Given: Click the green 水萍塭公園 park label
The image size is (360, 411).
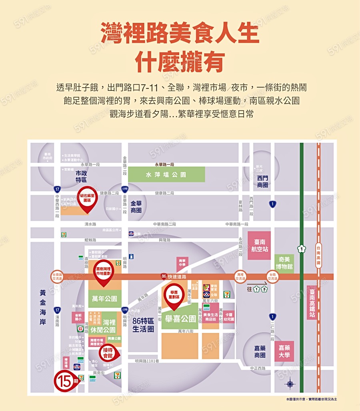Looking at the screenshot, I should coord(166,175).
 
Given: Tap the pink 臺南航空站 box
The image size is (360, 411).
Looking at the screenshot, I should coord(259,245).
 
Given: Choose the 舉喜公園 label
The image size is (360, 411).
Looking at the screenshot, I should coord(181,319).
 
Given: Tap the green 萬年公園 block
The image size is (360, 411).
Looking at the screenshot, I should coord(104,299).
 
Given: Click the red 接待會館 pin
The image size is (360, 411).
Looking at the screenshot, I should coord(107,353).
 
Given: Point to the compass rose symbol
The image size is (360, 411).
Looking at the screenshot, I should coord(290,384).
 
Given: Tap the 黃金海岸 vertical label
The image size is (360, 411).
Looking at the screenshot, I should coord(42,307).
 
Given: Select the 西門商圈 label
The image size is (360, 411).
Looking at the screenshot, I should coord(263,181).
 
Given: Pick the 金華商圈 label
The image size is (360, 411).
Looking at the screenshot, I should coord(136,207).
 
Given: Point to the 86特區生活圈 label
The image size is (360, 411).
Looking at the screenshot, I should coord(143,325).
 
